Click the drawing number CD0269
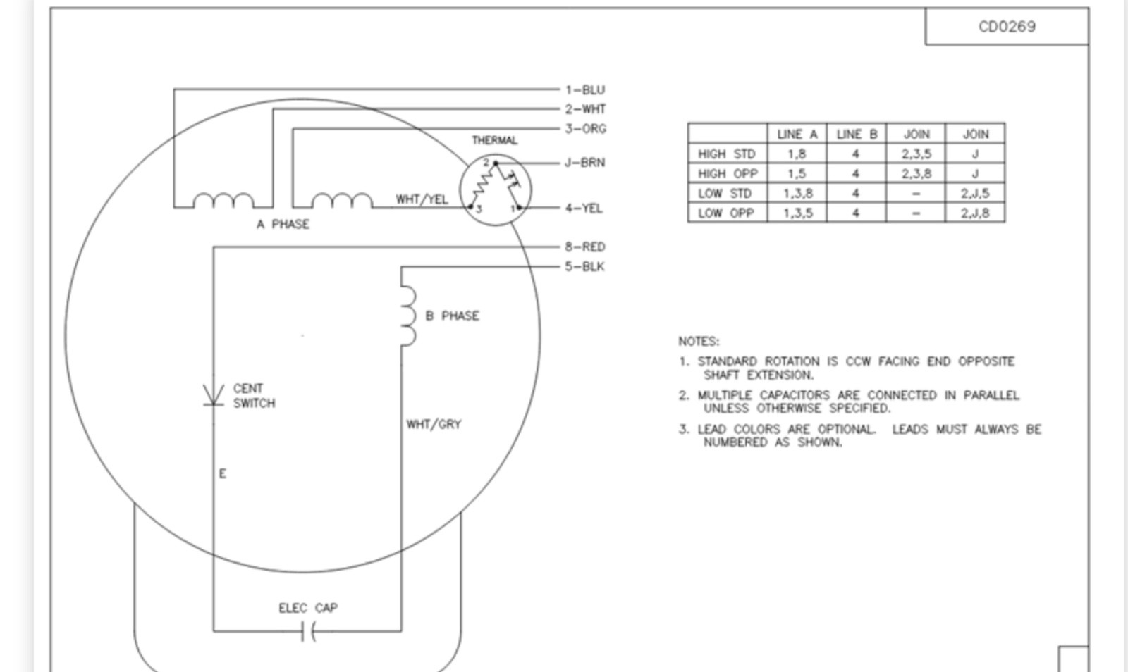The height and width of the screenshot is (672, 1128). [1007, 27]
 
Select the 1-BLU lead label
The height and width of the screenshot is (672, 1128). [585, 90]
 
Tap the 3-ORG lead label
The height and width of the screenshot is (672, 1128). [586, 129]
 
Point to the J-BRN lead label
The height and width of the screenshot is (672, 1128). [585, 163]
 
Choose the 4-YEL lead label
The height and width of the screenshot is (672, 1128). [584, 209]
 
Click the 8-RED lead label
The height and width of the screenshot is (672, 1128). [585, 247]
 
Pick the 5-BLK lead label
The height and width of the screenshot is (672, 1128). [584, 266]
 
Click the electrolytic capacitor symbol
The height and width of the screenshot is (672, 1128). [308, 631]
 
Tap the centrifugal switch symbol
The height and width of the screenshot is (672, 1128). [214, 395]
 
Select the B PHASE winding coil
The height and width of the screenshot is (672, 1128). [408, 316]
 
